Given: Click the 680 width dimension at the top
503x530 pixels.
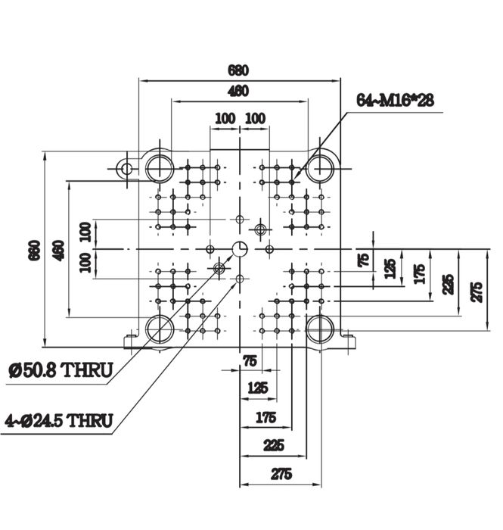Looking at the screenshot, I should (238, 71).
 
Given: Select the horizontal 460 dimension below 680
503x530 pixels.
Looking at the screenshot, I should (238, 92).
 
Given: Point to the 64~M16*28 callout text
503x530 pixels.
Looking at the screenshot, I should (396, 100).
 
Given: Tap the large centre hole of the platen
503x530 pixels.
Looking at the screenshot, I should (240, 249).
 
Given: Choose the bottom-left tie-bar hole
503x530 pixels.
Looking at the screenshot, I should (160, 329).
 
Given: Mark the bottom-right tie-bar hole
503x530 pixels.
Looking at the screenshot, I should (321, 329).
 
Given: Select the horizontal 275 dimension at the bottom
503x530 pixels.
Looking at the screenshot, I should (281, 474).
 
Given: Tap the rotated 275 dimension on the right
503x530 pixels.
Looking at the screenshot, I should (477, 290).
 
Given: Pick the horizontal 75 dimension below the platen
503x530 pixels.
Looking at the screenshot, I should (249, 361).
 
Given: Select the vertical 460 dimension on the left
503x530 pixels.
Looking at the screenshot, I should (58, 250).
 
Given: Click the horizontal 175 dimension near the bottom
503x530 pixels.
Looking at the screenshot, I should (265, 417).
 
